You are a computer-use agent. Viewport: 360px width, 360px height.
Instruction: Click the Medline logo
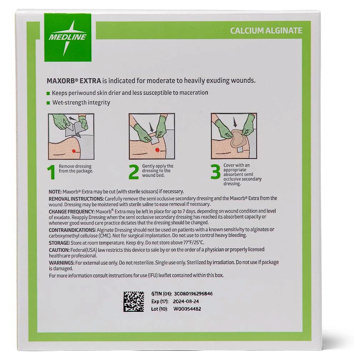click(x=67, y=37)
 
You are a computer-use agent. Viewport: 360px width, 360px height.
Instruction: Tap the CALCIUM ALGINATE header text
click(x=266, y=30)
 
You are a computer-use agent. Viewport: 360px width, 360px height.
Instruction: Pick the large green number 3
click(x=216, y=172)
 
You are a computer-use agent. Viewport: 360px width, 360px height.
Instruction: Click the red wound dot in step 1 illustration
click(x=74, y=151)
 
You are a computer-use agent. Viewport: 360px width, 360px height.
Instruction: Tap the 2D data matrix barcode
click(x=134, y=301)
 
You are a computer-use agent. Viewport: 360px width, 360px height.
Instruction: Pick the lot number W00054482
click(x=187, y=309)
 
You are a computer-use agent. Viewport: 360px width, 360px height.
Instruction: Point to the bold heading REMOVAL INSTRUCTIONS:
click(x=76, y=198)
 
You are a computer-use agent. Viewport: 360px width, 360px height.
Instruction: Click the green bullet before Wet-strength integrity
click(x=48, y=103)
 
